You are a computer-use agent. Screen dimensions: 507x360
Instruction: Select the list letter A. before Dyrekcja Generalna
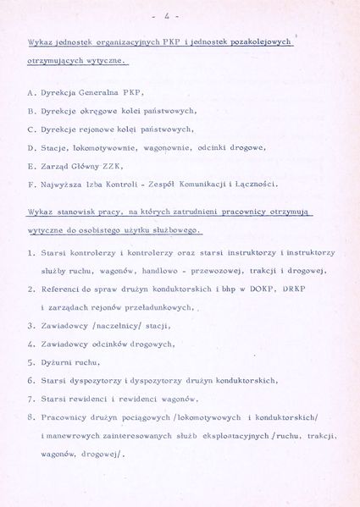point(31,91)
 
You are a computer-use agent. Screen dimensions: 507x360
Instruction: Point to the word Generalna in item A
point(102,91)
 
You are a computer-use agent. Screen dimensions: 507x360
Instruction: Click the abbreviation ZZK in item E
point(122,166)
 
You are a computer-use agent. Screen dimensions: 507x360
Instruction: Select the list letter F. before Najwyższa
point(31,184)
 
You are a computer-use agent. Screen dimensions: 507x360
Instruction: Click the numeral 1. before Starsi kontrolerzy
point(30,252)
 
